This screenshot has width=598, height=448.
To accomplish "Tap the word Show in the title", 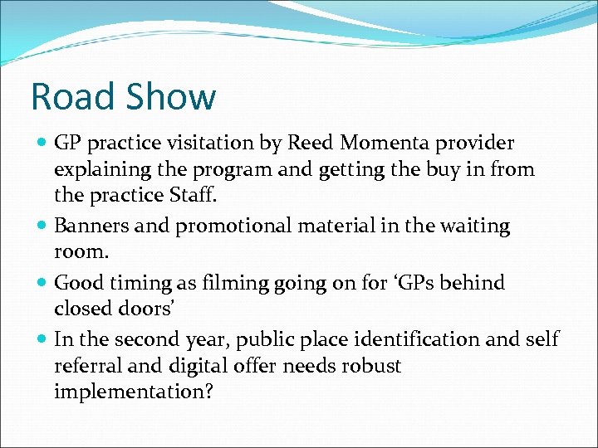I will [172, 97].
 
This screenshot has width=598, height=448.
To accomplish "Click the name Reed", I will [309, 144].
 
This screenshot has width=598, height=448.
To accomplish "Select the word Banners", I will [89, 226].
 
